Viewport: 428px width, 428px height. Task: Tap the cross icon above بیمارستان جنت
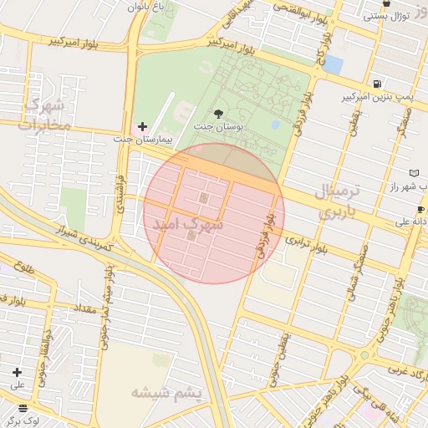pyautogui.click(x=142, y=125)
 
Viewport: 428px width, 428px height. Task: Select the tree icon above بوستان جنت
pyautogui.click(x=218, y=113)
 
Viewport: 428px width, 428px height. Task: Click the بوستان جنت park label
pyautogui.click(x=217, y=126)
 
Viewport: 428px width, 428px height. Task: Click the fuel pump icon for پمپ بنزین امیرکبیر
pyautogui.click(x=379, y=84)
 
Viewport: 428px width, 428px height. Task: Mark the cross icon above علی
pyautogui.click(x=17, y=372)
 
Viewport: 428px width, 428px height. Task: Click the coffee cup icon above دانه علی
pyautogui.click(x=420, y=209)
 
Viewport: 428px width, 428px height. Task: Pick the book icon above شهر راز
pyautogui.click(x=415, y=172)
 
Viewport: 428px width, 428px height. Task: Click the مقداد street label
pyautogui.click(x=85, y=308)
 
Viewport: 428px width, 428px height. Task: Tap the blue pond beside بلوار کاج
pyautogui.click(x=334, y=64)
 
